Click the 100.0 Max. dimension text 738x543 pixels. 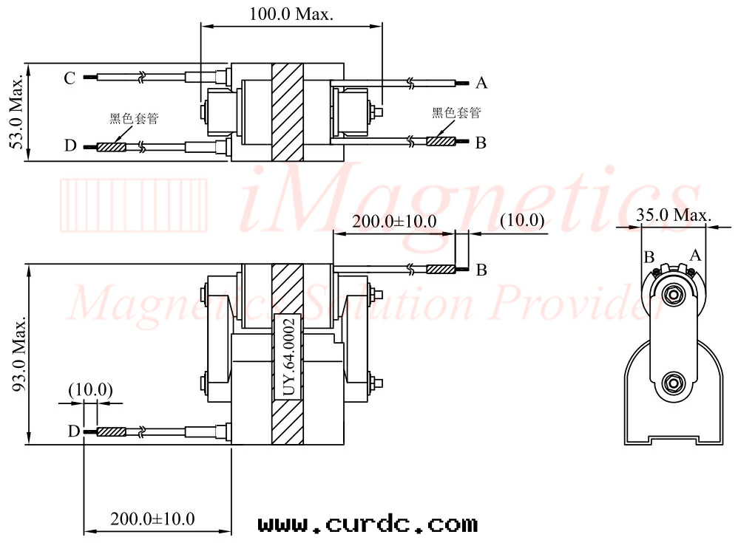coord(291,13)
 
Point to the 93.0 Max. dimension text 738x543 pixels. coord(18,355)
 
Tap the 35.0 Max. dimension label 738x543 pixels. coord(674,215)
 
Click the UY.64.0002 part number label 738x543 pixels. coord(289,357)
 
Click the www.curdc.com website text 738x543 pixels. coord(368,525)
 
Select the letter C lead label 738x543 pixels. coord(70,78)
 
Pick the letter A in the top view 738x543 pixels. coord(481,83)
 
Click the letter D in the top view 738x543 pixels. coord(70,146)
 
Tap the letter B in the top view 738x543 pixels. coord(481,143)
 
